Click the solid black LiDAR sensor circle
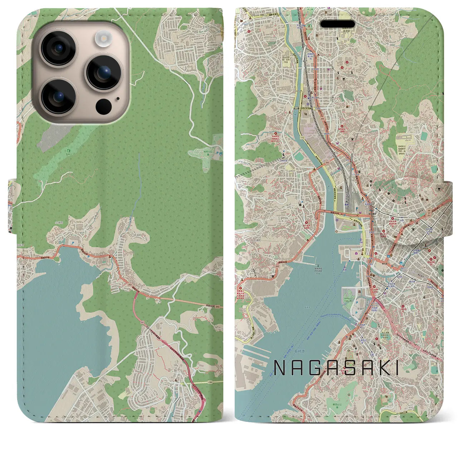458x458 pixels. pyautogui.click(x=103, y=106)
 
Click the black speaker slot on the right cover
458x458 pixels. pyautogui.click(x=337, y=24)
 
